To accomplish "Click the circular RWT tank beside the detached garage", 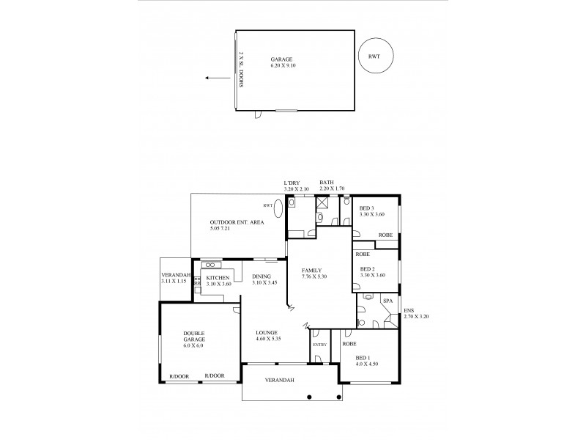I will (x=374, y=56).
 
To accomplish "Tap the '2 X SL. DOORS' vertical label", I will (x=241, y=70).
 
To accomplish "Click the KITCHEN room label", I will (x=218, y=278).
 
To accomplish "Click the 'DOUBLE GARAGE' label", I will (x=194, y=337).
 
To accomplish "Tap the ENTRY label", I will (x=319, y=345).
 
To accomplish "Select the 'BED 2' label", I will (x=368, y=269).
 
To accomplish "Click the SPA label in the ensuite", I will (x=387, y=300).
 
